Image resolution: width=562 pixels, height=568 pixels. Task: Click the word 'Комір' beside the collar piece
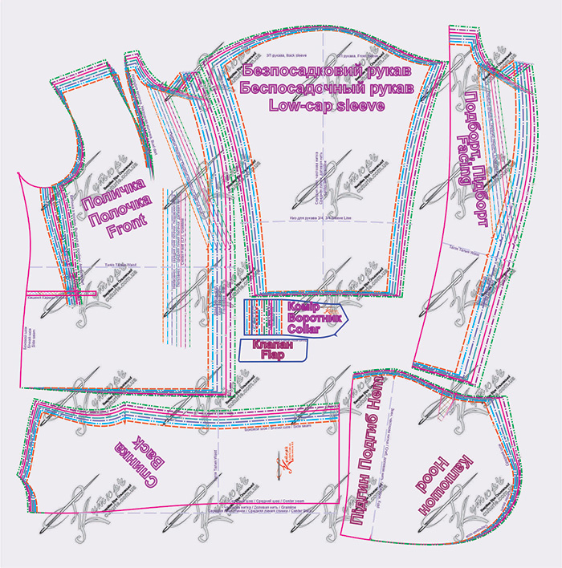[x=303, y=307]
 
